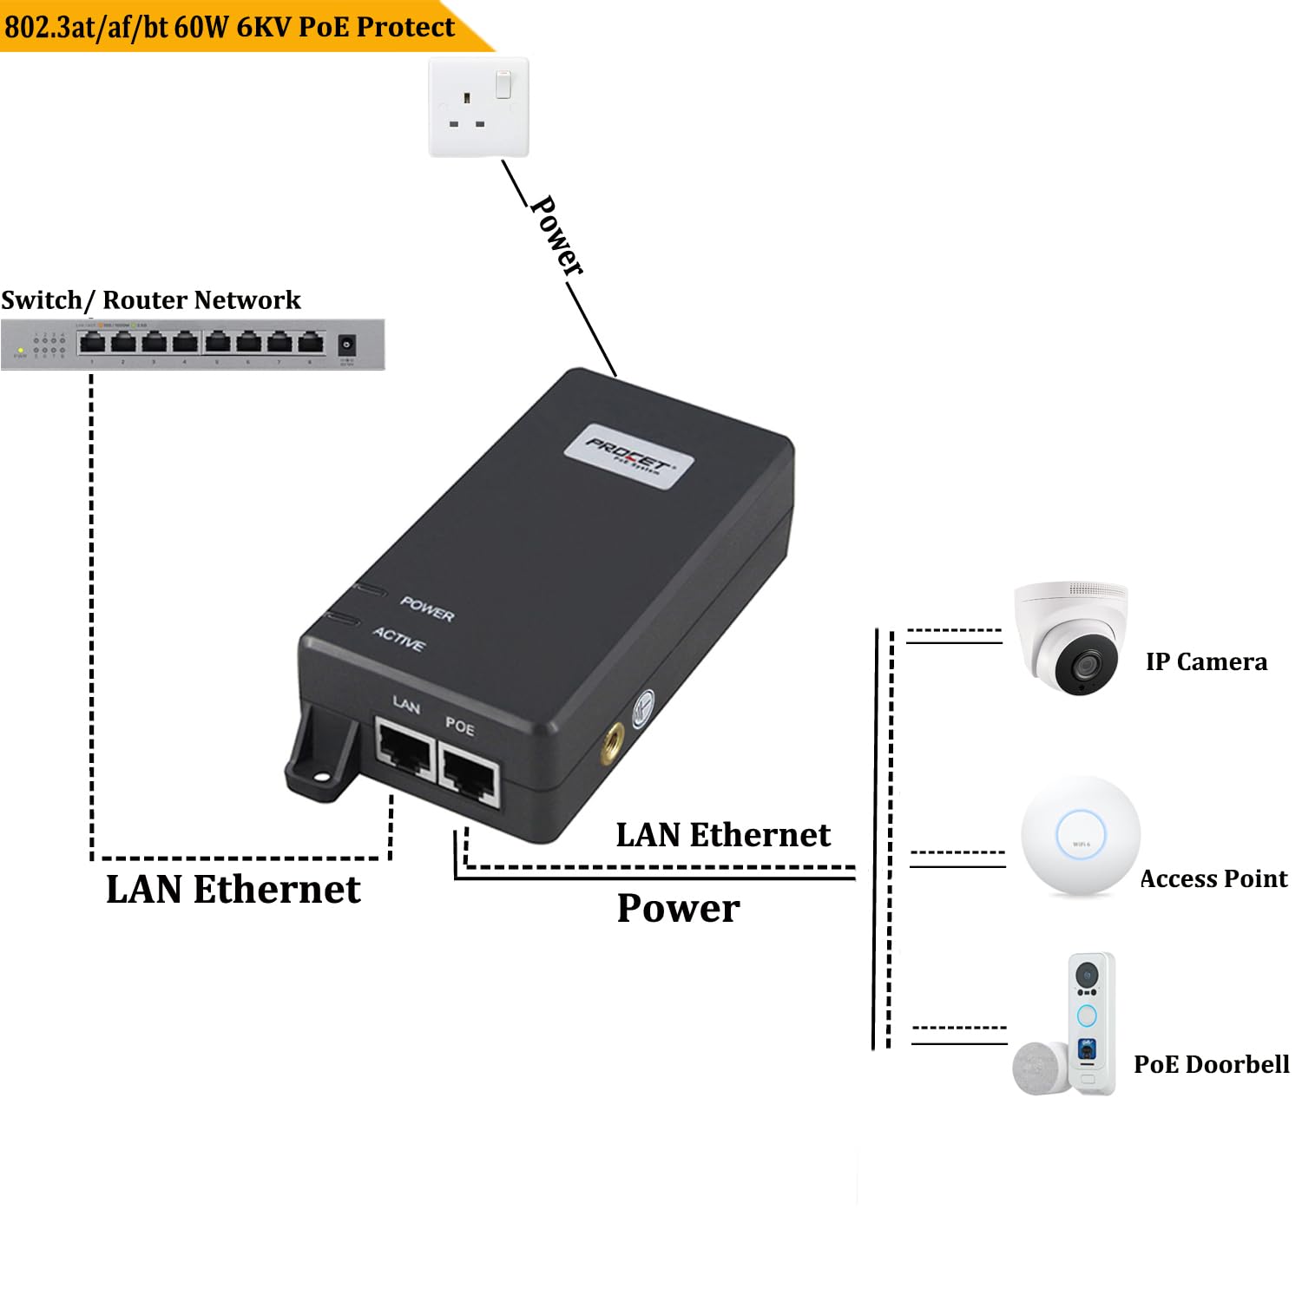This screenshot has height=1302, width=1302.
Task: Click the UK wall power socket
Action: tap(478, 108)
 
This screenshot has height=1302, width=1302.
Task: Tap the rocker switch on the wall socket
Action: tap(503, 84)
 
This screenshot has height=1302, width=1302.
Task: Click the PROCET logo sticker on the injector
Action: tap(628, 457)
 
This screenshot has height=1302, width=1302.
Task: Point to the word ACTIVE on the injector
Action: tap(399, 639)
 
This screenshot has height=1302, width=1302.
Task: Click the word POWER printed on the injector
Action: tap(427, 608)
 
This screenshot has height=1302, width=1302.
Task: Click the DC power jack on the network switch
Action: tap(346, 345)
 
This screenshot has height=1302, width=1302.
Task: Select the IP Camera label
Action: tap(1206, 662)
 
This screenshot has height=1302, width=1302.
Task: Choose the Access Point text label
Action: tap(1213, 879)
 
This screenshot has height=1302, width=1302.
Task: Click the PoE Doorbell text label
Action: tap(1211, 1064)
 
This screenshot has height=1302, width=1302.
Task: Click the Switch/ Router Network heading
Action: tap(151, 300)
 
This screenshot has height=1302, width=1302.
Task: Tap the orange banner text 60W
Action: tap(201, 27)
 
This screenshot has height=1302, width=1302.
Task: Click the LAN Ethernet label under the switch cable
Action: tap(233, 890)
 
